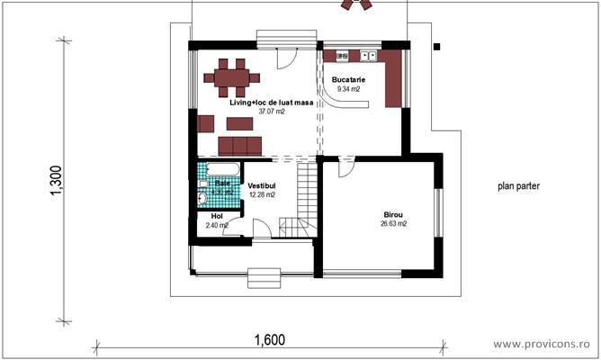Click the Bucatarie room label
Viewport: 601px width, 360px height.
(x=348, y=79)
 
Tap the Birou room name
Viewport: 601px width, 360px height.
(x=393, y=215)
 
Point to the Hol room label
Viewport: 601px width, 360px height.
(x=216, y=216)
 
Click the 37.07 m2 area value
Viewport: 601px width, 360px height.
(x=272, y=112)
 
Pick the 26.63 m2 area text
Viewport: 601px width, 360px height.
(x=393, y=224)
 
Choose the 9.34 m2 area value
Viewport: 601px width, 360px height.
(x=348, y=89)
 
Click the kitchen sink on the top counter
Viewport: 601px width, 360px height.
(x=368, y=56)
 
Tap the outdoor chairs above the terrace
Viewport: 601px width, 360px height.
(x=356, y=4)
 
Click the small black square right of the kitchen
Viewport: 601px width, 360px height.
(x=436, y=46)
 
